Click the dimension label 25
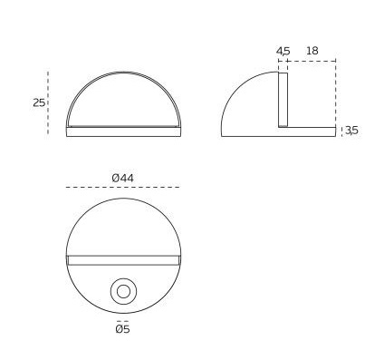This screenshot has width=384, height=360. click(39, 102)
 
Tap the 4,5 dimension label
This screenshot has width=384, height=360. click(283, 51)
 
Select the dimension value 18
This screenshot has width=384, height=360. click(312, 51)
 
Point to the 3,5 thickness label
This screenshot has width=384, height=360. click(351, 131)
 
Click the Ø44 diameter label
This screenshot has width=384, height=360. click(122, 178)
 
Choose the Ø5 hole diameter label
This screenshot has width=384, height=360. click(122, 328)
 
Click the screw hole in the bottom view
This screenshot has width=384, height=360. click(123, 292)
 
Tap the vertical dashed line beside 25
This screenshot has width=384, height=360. click(48, 102)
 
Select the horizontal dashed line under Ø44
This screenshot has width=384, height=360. click(123, 188)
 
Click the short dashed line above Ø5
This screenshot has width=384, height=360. click(123, 321)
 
